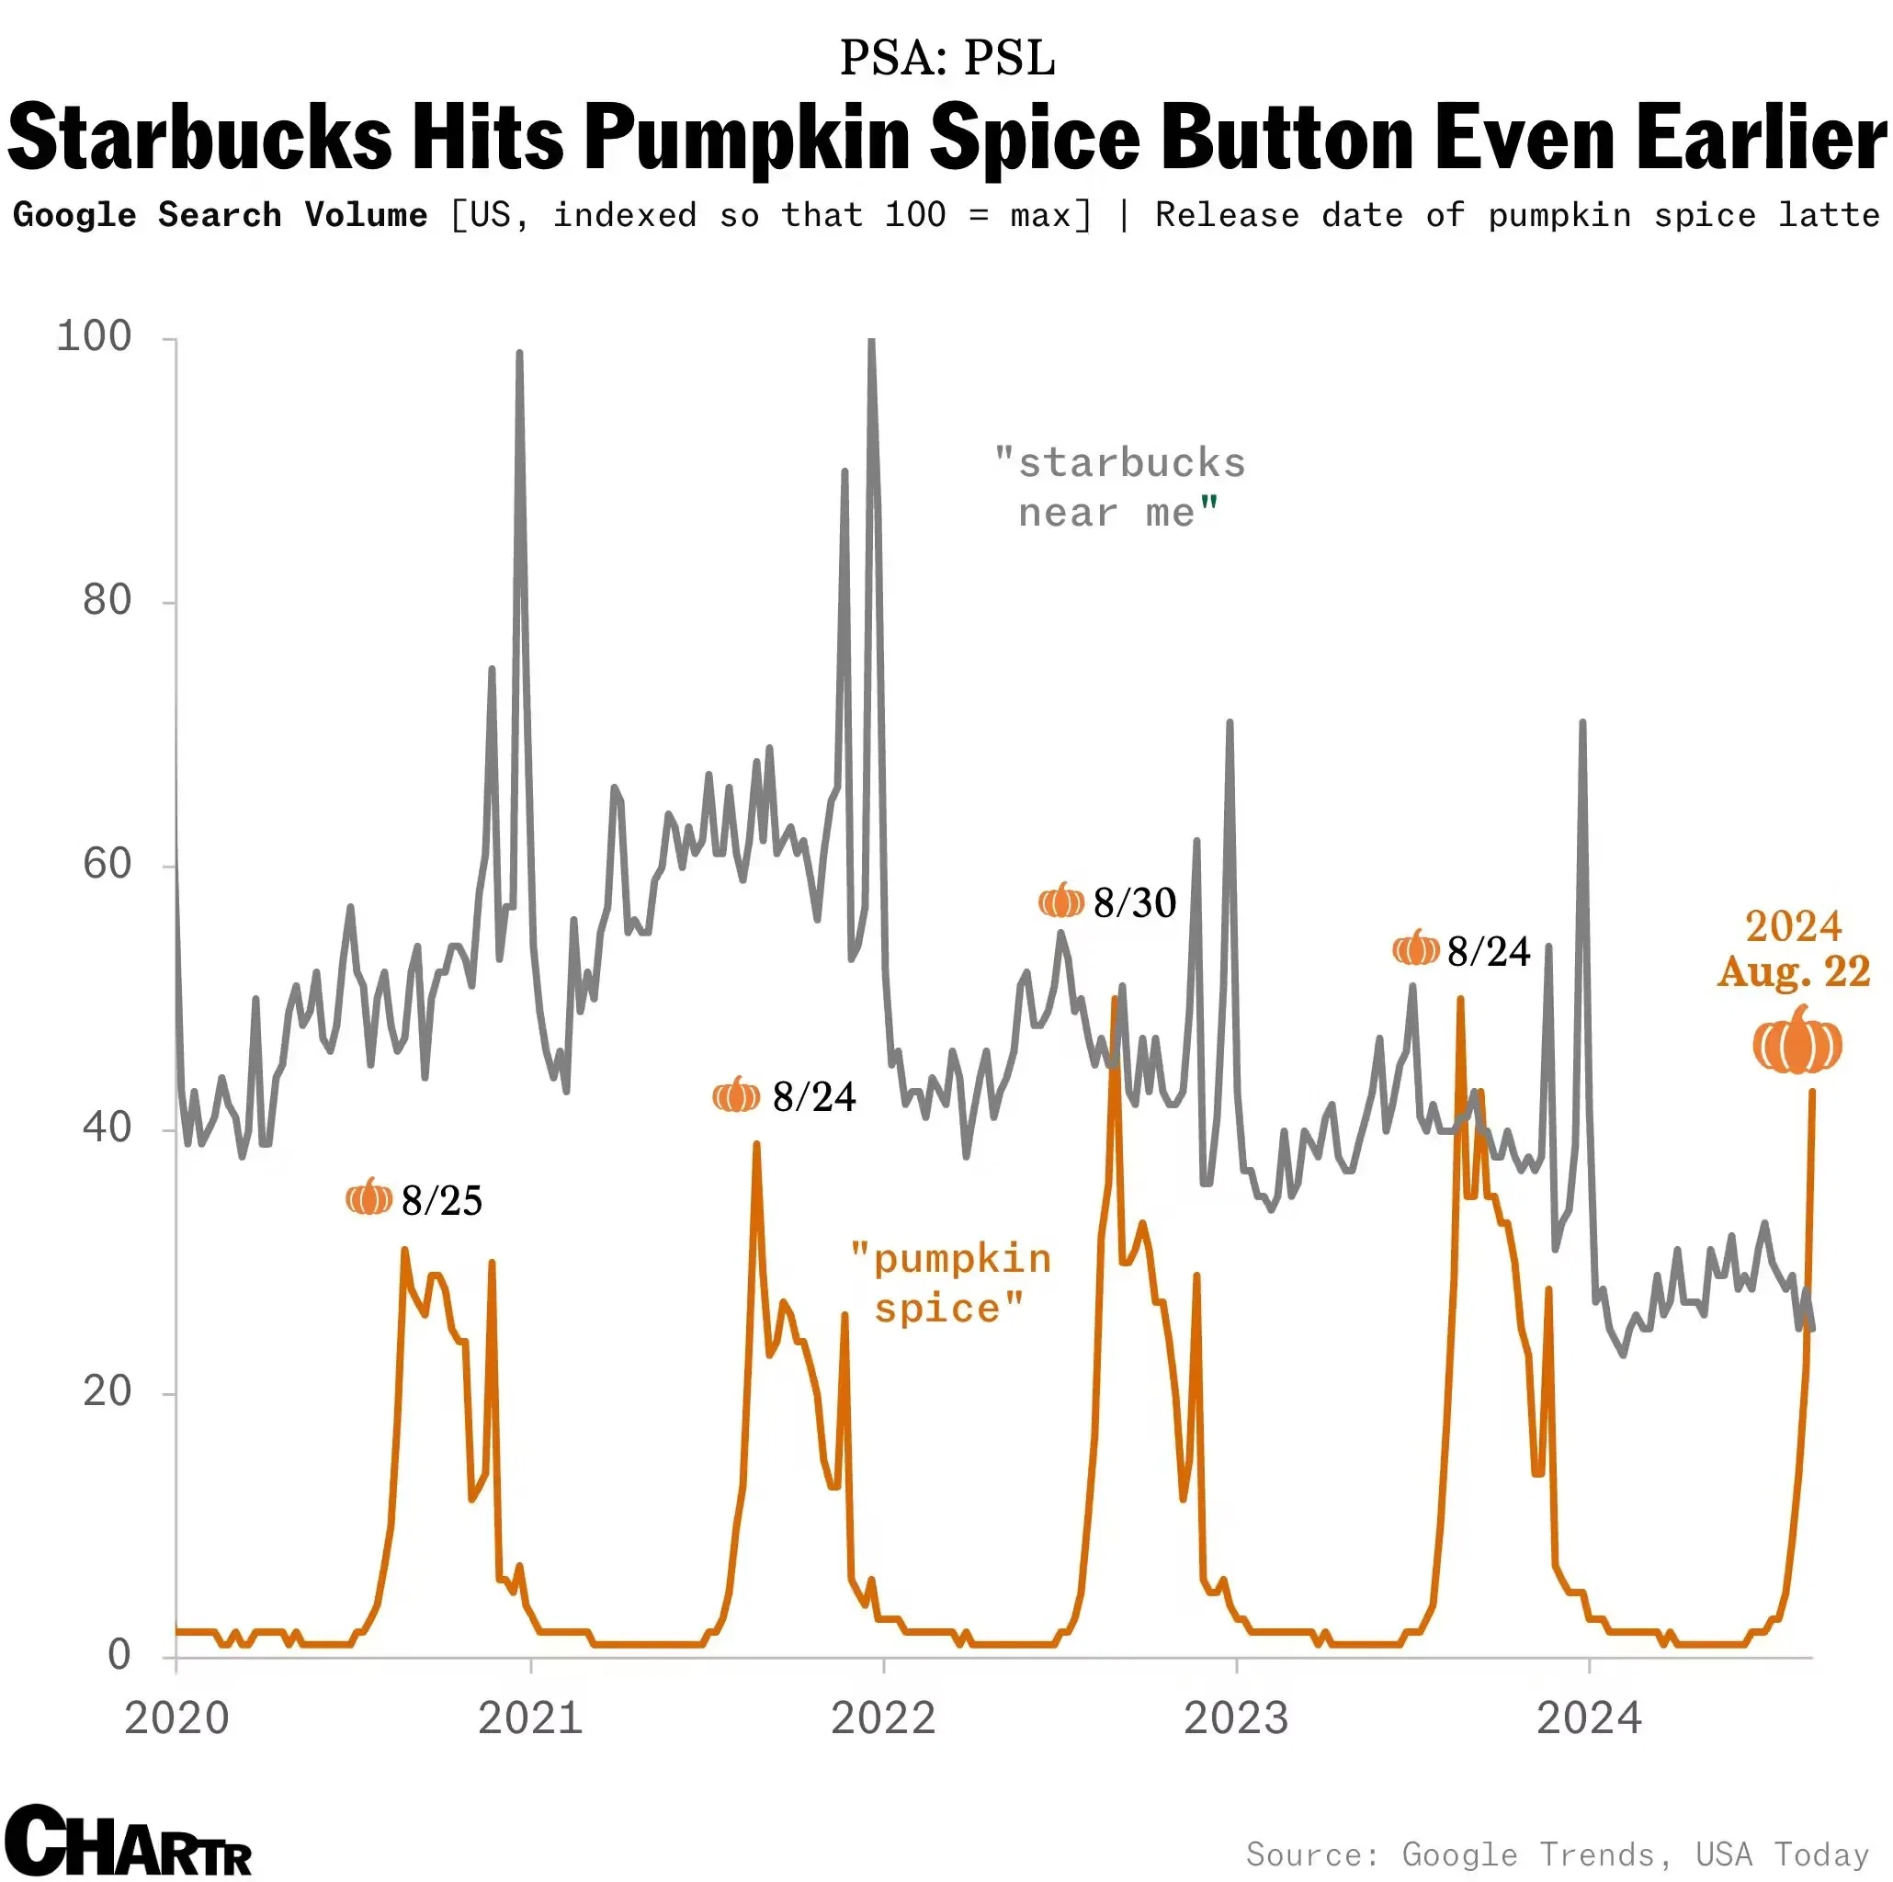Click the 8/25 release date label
click(x=442, y=1200)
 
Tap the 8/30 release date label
click(x=1134, y=902)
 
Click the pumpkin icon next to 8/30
click(x=1060, y=901)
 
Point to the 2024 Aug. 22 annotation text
click(x=1793, y=948)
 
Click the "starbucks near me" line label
click(x=1119, y=488)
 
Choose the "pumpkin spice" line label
click(x=949, y=1284)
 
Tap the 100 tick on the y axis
click(x=94, y=337)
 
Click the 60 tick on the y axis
click(x=107, y=864)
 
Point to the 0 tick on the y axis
click(x=119, y=1655)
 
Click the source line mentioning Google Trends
click(x=1557, y=1854)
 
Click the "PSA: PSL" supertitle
click(x=946, y=58)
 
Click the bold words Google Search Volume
click(x=221, y=214)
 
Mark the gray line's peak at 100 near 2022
click(x=871, y=342)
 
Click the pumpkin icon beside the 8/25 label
click(x=369, y=1197)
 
